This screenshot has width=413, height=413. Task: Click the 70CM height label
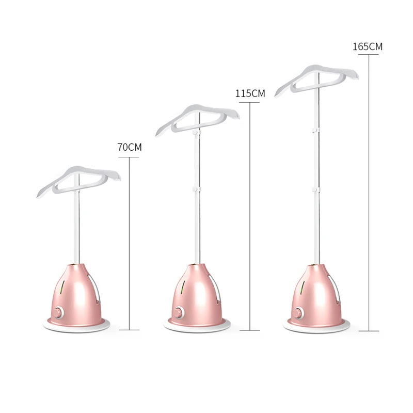point(130,148)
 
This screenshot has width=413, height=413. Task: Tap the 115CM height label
point(250,93)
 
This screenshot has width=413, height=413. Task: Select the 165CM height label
point(368,46)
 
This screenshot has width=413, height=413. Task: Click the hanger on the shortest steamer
point(78,178)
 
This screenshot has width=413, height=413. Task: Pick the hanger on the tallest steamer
point(316,76)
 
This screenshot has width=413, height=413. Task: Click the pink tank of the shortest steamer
point(77,292)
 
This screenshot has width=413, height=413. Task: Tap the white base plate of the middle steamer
point(197,326)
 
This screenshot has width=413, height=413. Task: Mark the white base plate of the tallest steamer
point(316,326)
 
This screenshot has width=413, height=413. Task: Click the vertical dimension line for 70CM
point(129,243)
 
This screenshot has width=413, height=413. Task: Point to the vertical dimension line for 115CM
point(250,217)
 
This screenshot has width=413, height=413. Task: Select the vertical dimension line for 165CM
point(370,191)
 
